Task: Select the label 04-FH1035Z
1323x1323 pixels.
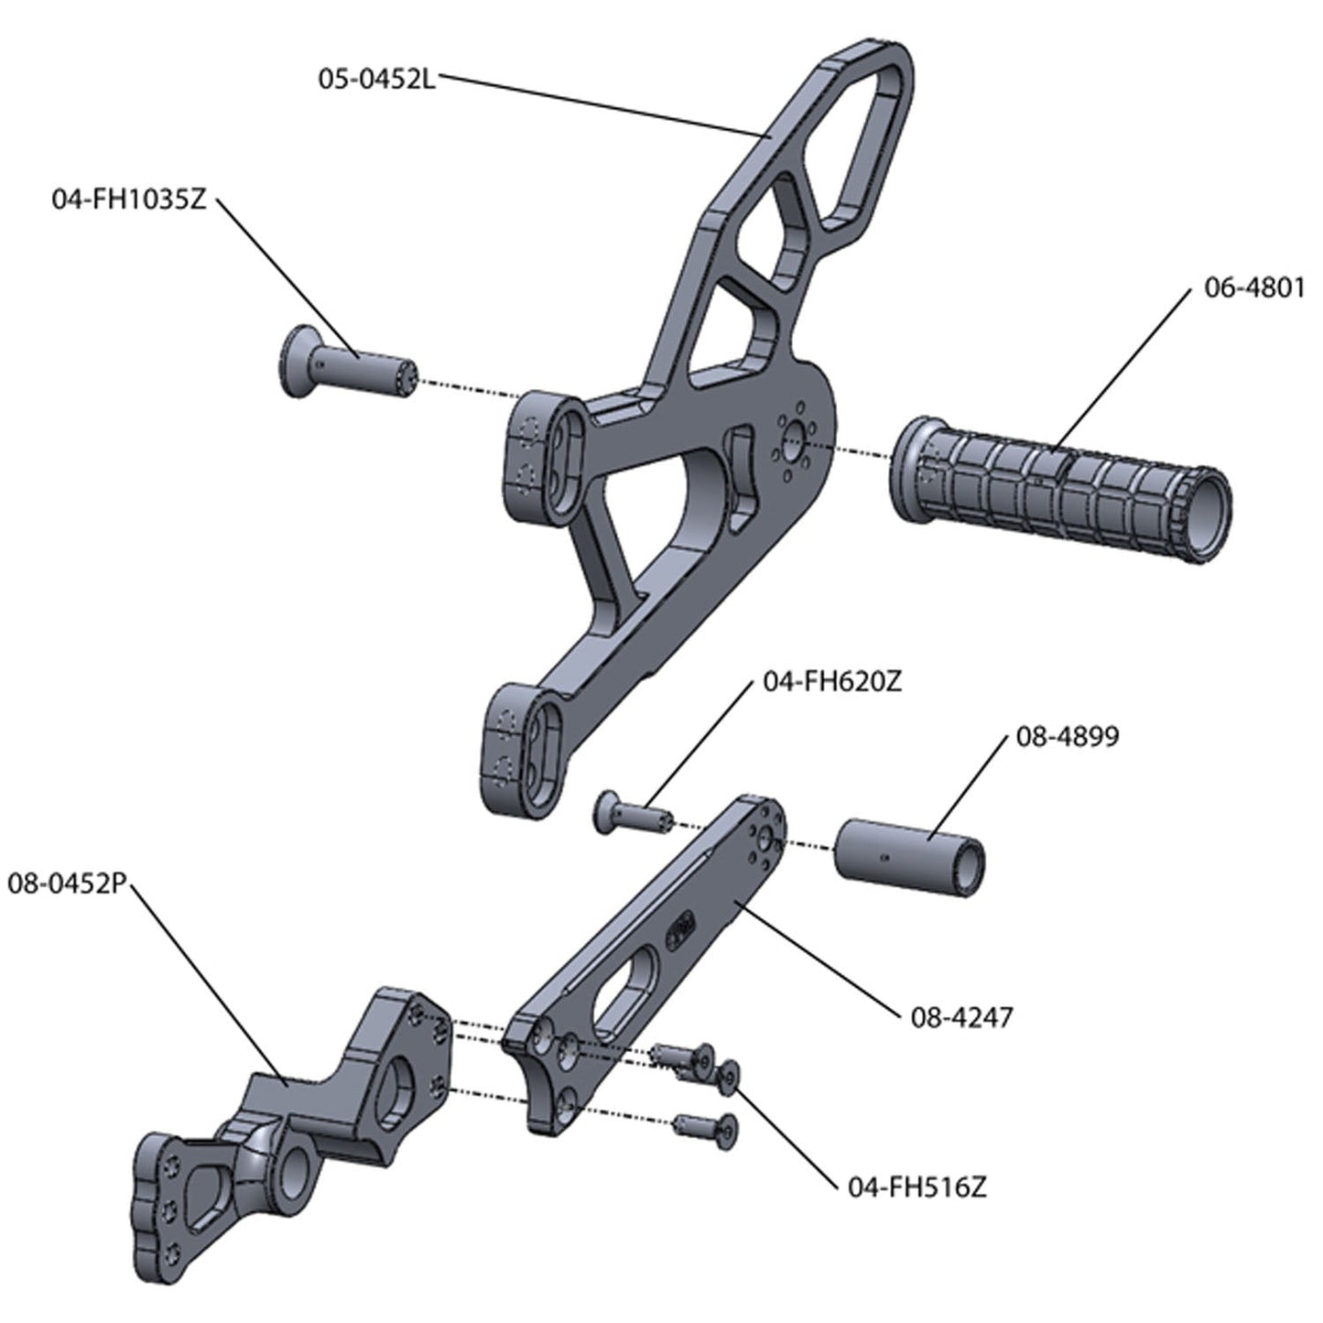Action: click(x=129, y=201)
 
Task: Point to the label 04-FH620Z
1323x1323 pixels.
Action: click(x=830, y=683)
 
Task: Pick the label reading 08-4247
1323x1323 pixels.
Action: click(x=961, y=1017)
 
